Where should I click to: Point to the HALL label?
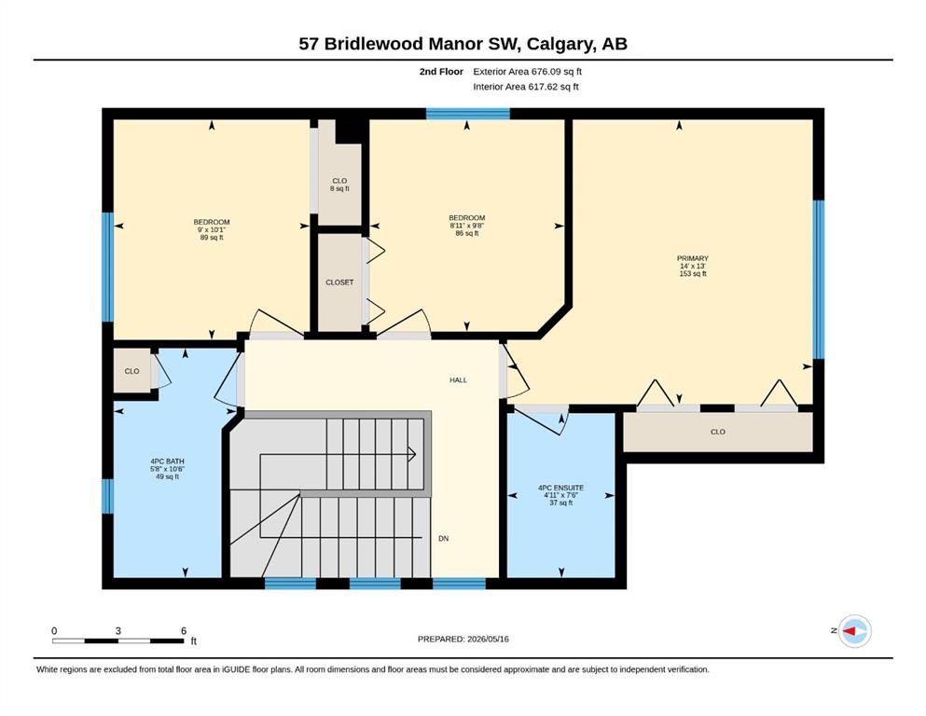[x=458, y=380]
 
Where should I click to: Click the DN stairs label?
[x=444, y=538]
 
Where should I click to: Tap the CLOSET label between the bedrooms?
[x=339, y=282]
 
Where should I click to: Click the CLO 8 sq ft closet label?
[x=339, y=185]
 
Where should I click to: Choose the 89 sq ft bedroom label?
[x=212, y=229]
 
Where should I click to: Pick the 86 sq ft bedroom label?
[x=466, y=226]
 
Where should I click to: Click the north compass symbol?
[x=854, y=631]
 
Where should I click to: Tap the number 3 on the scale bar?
[x=118, y=631]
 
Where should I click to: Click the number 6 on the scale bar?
[x=184, y=631]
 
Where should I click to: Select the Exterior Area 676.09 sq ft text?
[x=528, y=72]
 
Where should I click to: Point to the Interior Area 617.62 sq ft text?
[x=526, y=87]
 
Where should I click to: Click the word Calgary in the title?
[x=560, y=44]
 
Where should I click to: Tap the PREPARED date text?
[x=463, y=639]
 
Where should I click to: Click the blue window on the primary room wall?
[x=819, y=280]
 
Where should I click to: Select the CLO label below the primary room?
[x=717, y=432]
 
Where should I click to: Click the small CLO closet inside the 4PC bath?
[x=131, y=371]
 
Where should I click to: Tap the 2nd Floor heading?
[x=441, y=72]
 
